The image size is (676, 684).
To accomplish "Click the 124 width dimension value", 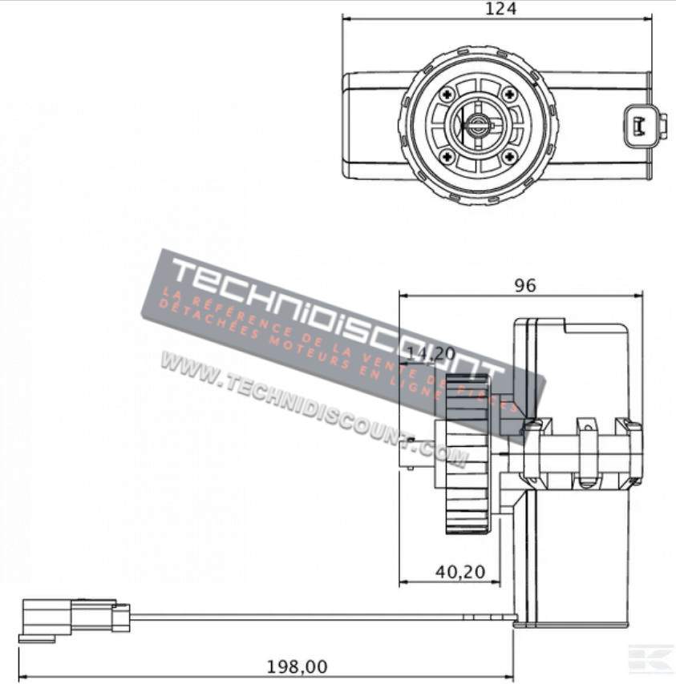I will coord(501,9).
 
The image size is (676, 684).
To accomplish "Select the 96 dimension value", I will coord(524,284).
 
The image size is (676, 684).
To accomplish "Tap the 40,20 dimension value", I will coord(459,571).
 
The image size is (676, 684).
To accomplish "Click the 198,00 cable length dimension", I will coord(298,666).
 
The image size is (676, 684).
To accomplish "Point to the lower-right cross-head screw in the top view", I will coord(508,155).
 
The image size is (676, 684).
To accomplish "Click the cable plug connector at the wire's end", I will coord(72,618).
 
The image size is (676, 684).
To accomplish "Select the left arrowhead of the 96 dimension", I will coord(403,294).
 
